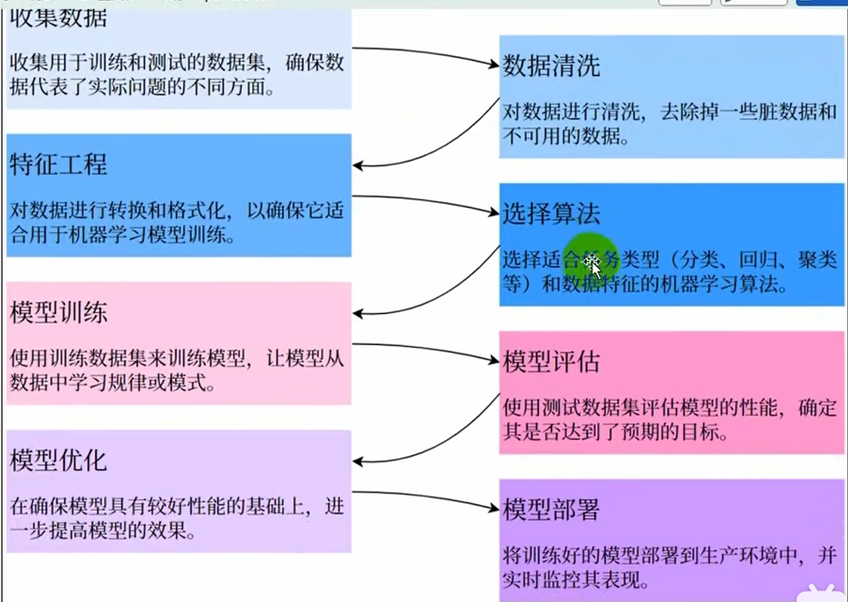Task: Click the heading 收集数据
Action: point(58,18)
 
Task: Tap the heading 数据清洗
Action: point(551,66)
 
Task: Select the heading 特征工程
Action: point(58,164)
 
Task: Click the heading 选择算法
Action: point(551,214)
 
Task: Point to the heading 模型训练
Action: point(58,312)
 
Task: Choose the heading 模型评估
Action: point(551,362)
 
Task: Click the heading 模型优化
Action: point(58,460)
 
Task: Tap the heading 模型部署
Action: point(551,510)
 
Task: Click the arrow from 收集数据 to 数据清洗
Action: point(422,53)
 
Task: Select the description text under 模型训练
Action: point(176,370)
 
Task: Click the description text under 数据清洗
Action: point(669,124)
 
